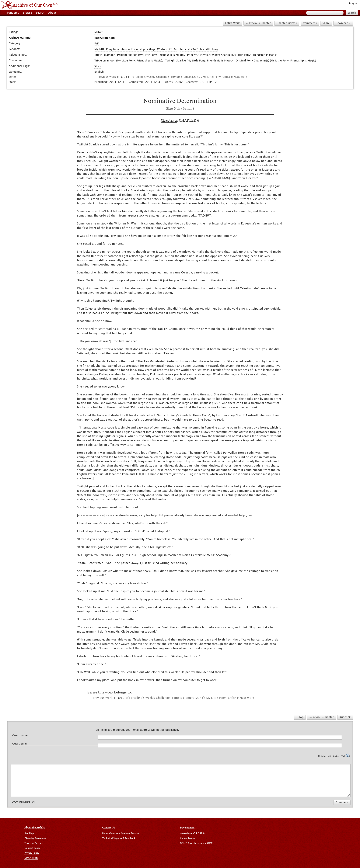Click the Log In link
coord(353,3)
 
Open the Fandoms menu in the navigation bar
coord(13,13)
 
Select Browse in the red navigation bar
coord(27,13)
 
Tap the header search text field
coord(324,13)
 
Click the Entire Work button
coord(232,23)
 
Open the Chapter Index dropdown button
coord(287,23)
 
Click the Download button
coord(343,23)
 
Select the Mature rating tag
coord(99,32)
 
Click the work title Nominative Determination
coord(180,101)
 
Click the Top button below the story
coord(300,717)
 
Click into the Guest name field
coord(219,737)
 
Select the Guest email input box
coord(219,745)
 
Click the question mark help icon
coord(348,755)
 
